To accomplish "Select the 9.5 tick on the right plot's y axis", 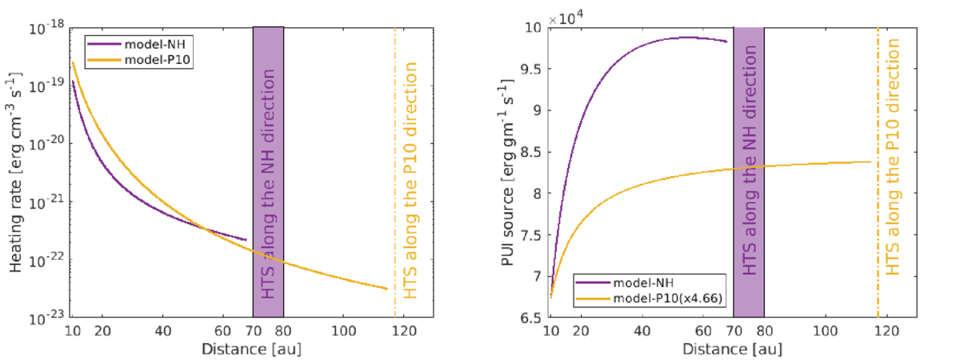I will (531, 69).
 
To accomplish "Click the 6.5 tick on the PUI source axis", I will (531, 319).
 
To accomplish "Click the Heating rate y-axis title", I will (16, 173).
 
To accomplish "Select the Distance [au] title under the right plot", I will (734, 350).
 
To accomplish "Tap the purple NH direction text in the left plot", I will (268, 184).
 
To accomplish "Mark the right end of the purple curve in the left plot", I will (246, 239).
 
